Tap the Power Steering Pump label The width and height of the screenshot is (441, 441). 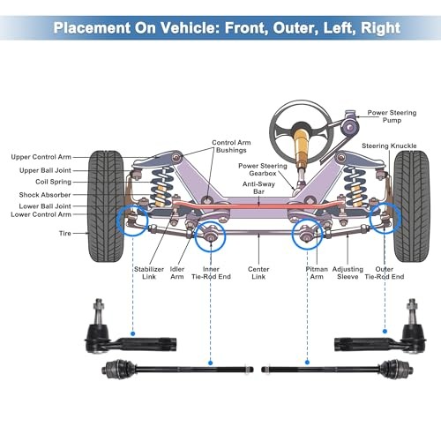[392, 116]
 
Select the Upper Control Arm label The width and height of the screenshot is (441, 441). [41, 157]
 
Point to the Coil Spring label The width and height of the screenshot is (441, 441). [53, 182]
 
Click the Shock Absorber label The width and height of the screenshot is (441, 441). [45, 195]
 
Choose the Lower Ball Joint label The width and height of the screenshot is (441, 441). [45, 206]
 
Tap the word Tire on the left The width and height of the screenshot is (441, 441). [65, 233]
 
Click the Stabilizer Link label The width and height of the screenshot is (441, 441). [149, 273]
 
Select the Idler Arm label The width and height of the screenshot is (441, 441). [177, 273]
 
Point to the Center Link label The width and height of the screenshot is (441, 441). [258, 273]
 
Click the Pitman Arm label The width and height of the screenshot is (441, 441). [317, 273]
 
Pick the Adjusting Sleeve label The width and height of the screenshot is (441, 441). [348, 273]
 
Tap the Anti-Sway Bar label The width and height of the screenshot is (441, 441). [258, 188]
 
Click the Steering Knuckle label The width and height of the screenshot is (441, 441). [389, 146]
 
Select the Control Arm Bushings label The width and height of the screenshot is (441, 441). [231, 146]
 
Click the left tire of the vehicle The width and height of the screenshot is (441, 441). [106, 206]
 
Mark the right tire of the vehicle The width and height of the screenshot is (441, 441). [412, 206]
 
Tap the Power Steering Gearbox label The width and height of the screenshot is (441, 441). [263, 169]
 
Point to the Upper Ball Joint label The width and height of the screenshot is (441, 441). [45, 170]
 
